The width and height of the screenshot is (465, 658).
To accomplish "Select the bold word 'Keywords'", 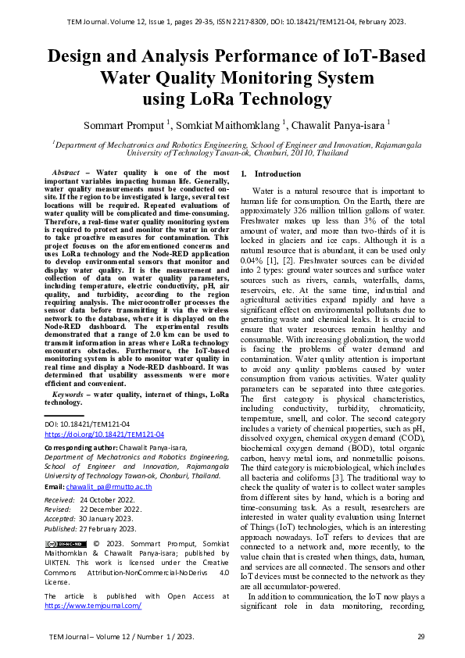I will pyautogui.click(x=65, y=394).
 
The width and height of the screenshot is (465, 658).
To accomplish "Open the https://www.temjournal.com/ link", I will pyautogui.click(x=93, y=605).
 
